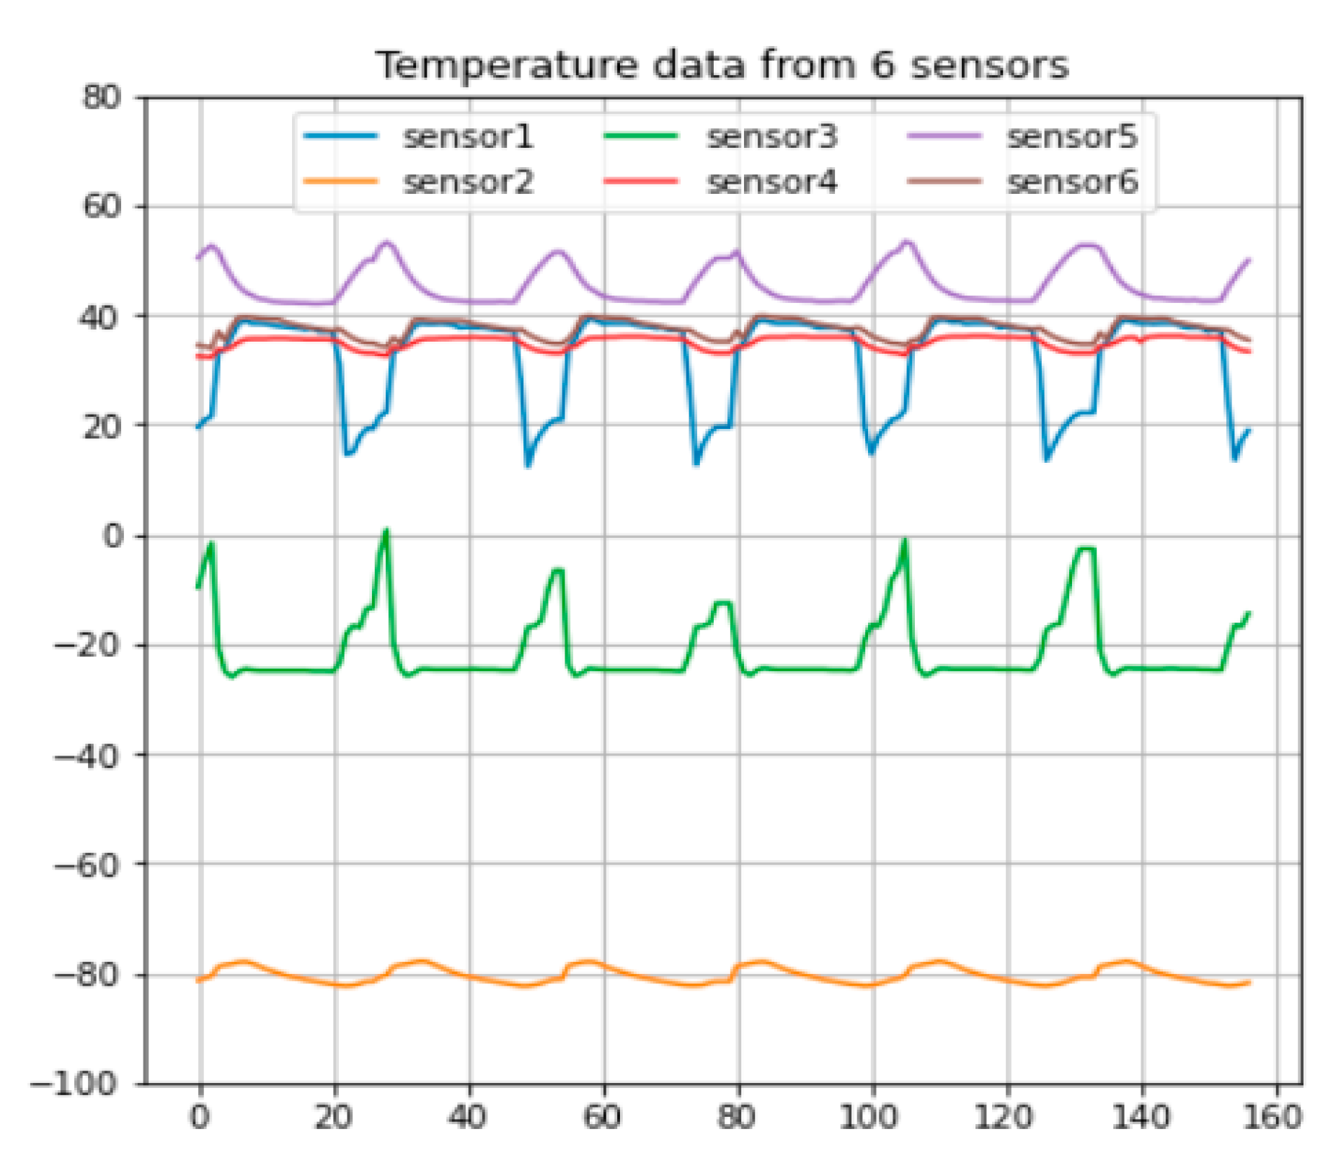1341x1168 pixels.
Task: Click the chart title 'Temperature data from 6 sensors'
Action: pyautogui.click(x=722, y=66)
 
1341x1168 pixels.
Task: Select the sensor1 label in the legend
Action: pyautogui.click(x=468, y=136)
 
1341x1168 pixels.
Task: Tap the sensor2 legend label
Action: pyautogui.click(x=468, y=182)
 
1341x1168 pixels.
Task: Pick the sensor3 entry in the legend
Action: pyautogui.click(x=771, y=136)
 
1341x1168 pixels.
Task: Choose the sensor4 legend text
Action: pyautogui.click(x=771, y=182)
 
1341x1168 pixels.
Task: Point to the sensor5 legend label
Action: pyautogui.click(x=1072, y=136)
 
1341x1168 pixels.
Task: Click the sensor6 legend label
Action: pyautogui.click(x=1072, y=182)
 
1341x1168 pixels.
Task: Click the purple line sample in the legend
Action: pyautogui.click(x=944, y=136)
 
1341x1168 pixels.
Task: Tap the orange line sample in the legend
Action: pyautogui.click(x=340, y=182)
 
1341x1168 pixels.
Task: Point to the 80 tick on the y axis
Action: pyautogui.click(x=101, y=97)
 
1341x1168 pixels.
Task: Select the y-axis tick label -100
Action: pyautogui.click(x=74, y=1084)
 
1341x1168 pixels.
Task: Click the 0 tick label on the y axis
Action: pyautogui.click(x=113, y=536)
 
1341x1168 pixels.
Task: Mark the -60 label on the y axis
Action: pyautogui.click(x=87, y=864)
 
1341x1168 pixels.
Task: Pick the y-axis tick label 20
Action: pyautogui.click(x=101, y=426)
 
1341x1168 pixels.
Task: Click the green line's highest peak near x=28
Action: pyautogui.click(x=386, y=531)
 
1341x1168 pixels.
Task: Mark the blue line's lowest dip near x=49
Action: pyautogui.click(x=528, y=466)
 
